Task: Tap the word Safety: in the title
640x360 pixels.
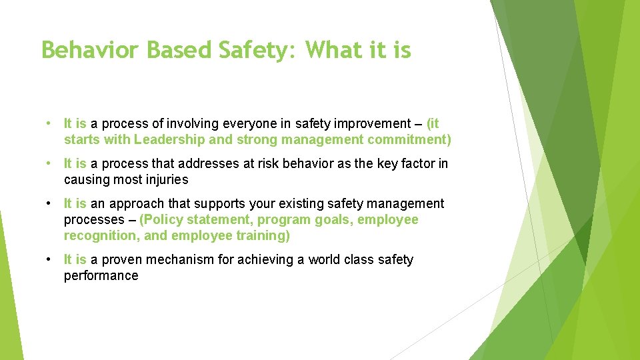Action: pyautogui.click(x=253, y=50)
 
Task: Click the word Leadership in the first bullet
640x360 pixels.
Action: pyautogui.click(x=169, y=139)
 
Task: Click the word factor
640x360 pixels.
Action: pyautogui.click(x=417, y=163)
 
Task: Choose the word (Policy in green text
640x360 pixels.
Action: pyautogui.click(x=161, y=219)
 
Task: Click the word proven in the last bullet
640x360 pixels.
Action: pyautogui.click(x=121, y=259)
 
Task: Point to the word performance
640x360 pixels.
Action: pyautogui.click(x=101, y=275)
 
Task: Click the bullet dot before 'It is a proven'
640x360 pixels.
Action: pyautogui.click(x=51, y=259)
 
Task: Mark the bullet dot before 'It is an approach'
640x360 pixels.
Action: pyautogui.click(x=51, y=203)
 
